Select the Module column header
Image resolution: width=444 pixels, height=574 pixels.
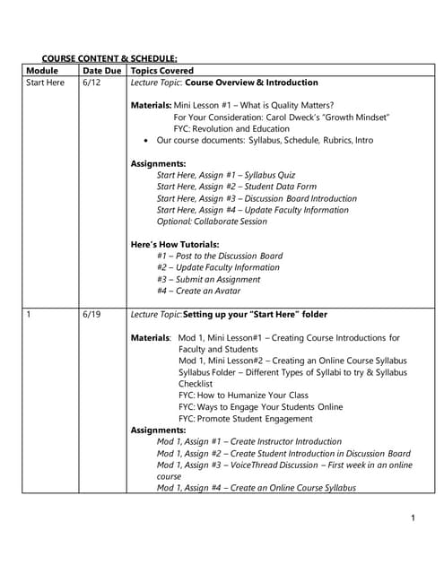[42, 70]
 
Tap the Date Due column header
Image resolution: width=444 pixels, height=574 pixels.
[101, 70]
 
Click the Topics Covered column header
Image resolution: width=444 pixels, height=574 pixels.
[162, 70]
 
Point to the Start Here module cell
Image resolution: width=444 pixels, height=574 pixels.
[46, 82]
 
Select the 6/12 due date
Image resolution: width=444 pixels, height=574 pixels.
[91, 82]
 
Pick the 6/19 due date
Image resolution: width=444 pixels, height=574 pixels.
[91, 315]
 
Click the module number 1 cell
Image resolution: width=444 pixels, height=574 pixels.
[30, 315]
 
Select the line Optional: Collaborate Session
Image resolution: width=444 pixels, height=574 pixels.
[212, 222]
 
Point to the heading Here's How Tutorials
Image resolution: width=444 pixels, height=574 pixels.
[175, 245]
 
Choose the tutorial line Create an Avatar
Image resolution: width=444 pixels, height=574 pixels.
[198, 291]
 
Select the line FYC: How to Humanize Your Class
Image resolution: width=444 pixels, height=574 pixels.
[243, 396]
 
